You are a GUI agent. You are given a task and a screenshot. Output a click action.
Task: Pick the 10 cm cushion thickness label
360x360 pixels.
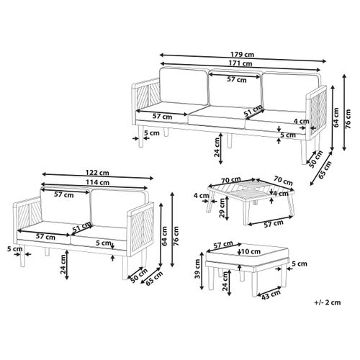pyautogui.click(x=251, y=252)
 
